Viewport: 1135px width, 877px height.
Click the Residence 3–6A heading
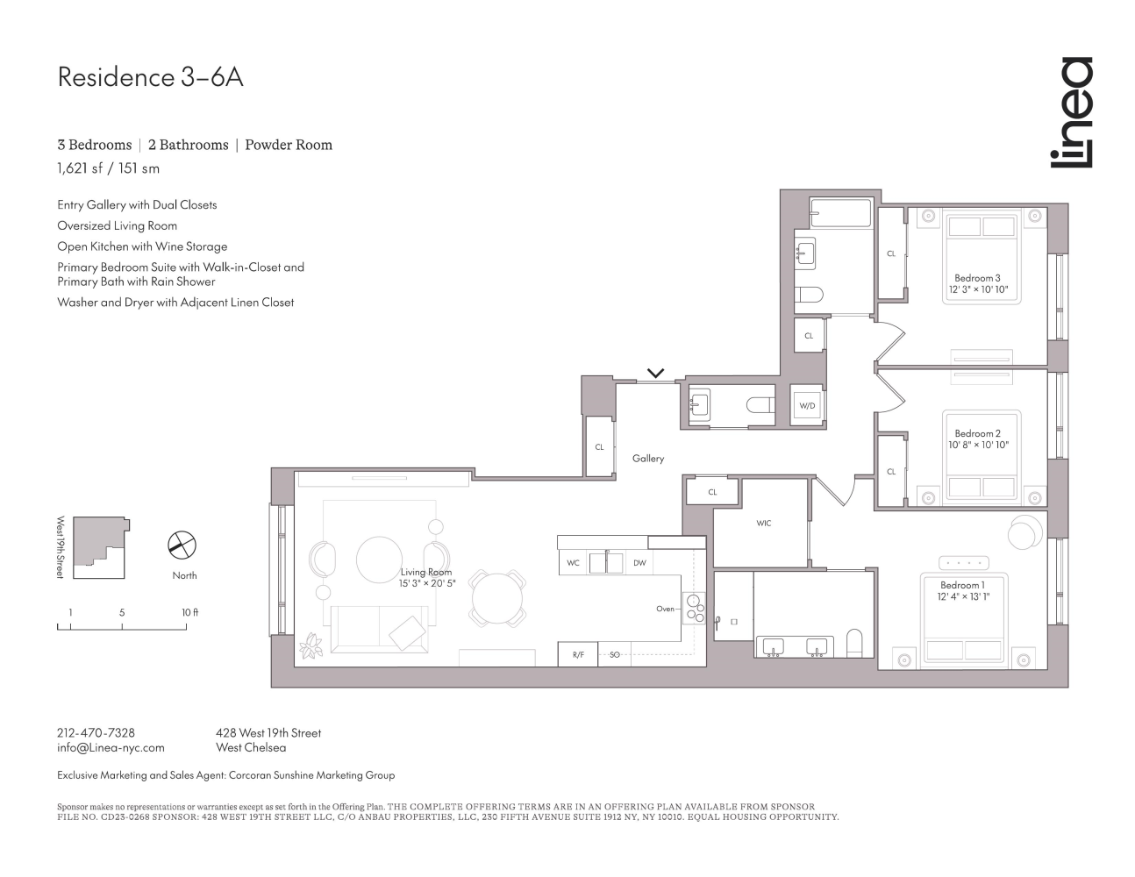click(x=150, y=77)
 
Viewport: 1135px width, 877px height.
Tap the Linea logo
click(x=1071, y=112)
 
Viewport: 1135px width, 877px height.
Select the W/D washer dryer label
click(x=806, y=406)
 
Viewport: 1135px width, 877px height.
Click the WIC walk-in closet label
click(x=763, y=524)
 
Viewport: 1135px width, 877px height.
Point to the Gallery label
click(x=648, y=459)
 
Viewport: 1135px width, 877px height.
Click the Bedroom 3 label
click(x=977, y=278)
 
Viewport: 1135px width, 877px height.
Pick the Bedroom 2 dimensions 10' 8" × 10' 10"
click(x=978, y=446)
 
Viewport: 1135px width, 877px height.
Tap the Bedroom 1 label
click(x=962, y=585)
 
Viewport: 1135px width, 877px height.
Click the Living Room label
click(x=426, y=572)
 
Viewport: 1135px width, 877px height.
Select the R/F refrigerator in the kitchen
click(x=578, y=655)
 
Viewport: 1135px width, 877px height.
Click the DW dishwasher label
click(x=639, y=563)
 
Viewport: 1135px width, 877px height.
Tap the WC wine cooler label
click(x=573, y=563)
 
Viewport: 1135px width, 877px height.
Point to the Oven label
click(x=665, y=609)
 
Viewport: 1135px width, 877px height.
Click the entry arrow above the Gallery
click(x=655, y=373)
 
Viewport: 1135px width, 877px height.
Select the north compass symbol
click(x=182, y=545)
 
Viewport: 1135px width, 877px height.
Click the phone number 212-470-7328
click(x=96, y=732)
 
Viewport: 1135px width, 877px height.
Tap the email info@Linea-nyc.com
click(x=111, y=748)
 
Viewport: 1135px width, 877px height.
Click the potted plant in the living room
click(x=311, y=646)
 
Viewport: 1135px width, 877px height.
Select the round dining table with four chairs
click(x=497, y=598)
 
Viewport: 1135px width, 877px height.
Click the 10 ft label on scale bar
click(x=189, y=612)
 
